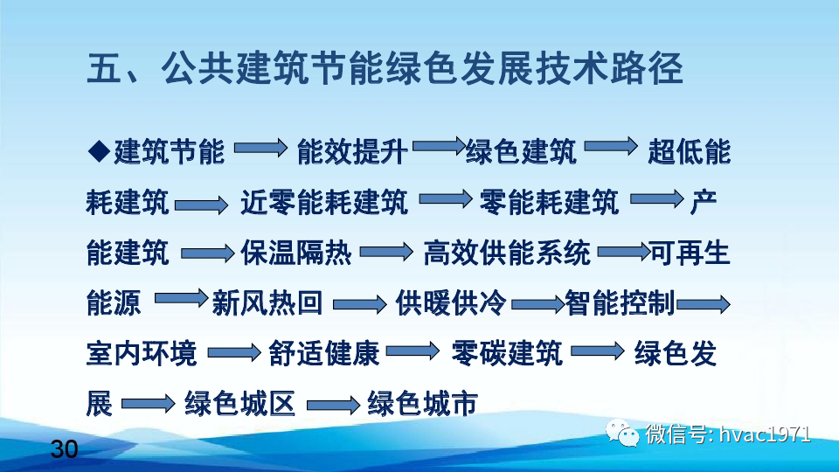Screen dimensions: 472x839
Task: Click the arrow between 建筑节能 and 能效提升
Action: (x=260, y=150)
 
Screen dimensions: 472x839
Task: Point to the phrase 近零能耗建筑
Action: (x=323, y=203)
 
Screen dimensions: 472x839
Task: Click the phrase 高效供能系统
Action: (x=507, y=253)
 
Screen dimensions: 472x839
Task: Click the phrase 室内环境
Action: (x=142, y=354)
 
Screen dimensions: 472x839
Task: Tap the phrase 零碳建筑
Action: (x=507, y=354)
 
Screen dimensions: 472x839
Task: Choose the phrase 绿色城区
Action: (x=239, y=404)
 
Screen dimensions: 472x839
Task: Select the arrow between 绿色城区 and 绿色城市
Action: (x=332, y=406)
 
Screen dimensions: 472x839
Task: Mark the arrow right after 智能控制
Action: (x=703, y=304)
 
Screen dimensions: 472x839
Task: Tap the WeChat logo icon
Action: (x=627, y=434)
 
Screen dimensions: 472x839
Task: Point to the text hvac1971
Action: (x=765, y=434)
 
